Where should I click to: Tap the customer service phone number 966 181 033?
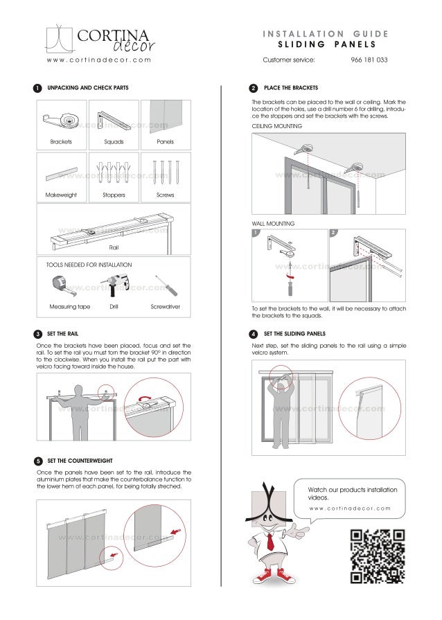tap(369, 60)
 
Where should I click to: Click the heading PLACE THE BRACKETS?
tap(291, 89)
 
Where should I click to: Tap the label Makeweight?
tap(61, 195)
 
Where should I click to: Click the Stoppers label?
tap(114, 195)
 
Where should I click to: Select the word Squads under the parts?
tap(114, 141)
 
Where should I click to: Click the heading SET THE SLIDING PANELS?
tap(294, 334)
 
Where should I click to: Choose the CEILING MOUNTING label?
tap(276, 127)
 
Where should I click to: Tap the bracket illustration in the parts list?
tap(61, 121)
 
